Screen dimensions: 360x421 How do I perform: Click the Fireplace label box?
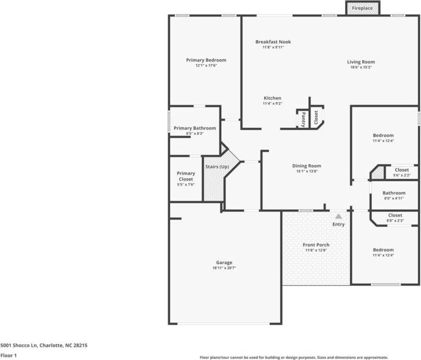(x=363, y=8)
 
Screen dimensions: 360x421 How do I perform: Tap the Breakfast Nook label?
(x=273, y=42)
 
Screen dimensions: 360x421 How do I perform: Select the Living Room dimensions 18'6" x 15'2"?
(x=361, y=67)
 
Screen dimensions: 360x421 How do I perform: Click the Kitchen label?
(x=272, y=98)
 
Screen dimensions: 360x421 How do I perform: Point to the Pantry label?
(x=303, y=119)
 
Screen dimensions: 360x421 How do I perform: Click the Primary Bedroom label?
(x=206, y=60)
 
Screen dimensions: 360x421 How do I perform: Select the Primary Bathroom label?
(x=194, y=128)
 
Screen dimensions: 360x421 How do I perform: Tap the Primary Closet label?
(x=186, y=176)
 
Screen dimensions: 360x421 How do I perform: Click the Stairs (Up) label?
(x=217, y=167)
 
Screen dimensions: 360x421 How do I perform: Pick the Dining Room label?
(x=307, y=165)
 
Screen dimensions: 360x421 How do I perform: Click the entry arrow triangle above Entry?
(x=338, y=215)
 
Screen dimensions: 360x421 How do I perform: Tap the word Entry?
(x=338, y=224)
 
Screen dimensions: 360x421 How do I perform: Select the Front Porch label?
(x=316, y=245)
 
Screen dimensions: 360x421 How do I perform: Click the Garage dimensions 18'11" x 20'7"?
(x=224, y=268)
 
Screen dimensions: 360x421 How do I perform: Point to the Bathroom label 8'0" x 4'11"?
(x=394, y=193)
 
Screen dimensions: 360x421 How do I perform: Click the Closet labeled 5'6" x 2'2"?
(x=402, y=170)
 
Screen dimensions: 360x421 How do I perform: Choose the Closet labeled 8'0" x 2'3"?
(x=395, y=215)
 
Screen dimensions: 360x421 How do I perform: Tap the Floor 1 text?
(x=9, y=355)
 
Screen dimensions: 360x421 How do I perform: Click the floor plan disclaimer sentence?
(x=294, y=358)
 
